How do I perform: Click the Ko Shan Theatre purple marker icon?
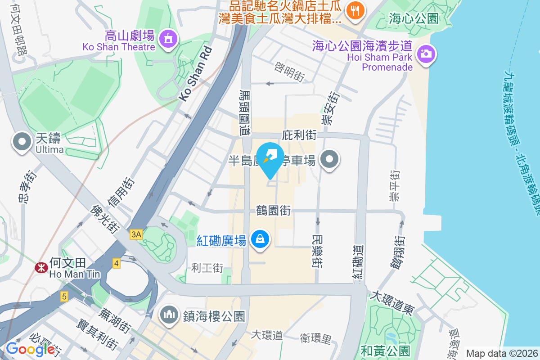tap(168, 39)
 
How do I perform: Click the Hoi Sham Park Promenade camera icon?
tap(425, 54)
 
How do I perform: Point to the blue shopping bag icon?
tap(260, 238)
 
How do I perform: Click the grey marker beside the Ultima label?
tap(22, 142)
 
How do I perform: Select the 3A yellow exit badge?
tap(136, 234)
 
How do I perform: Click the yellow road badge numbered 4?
tap(117, 263)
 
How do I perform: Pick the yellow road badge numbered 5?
tap(65, 297)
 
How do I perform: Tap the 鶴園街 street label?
tap(273, 210)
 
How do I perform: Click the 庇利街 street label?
tap(299, 135)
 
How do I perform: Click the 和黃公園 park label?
tap(386, 351)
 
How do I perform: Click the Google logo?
tap(30, 349)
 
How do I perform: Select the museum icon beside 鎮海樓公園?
tap(169, 314)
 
